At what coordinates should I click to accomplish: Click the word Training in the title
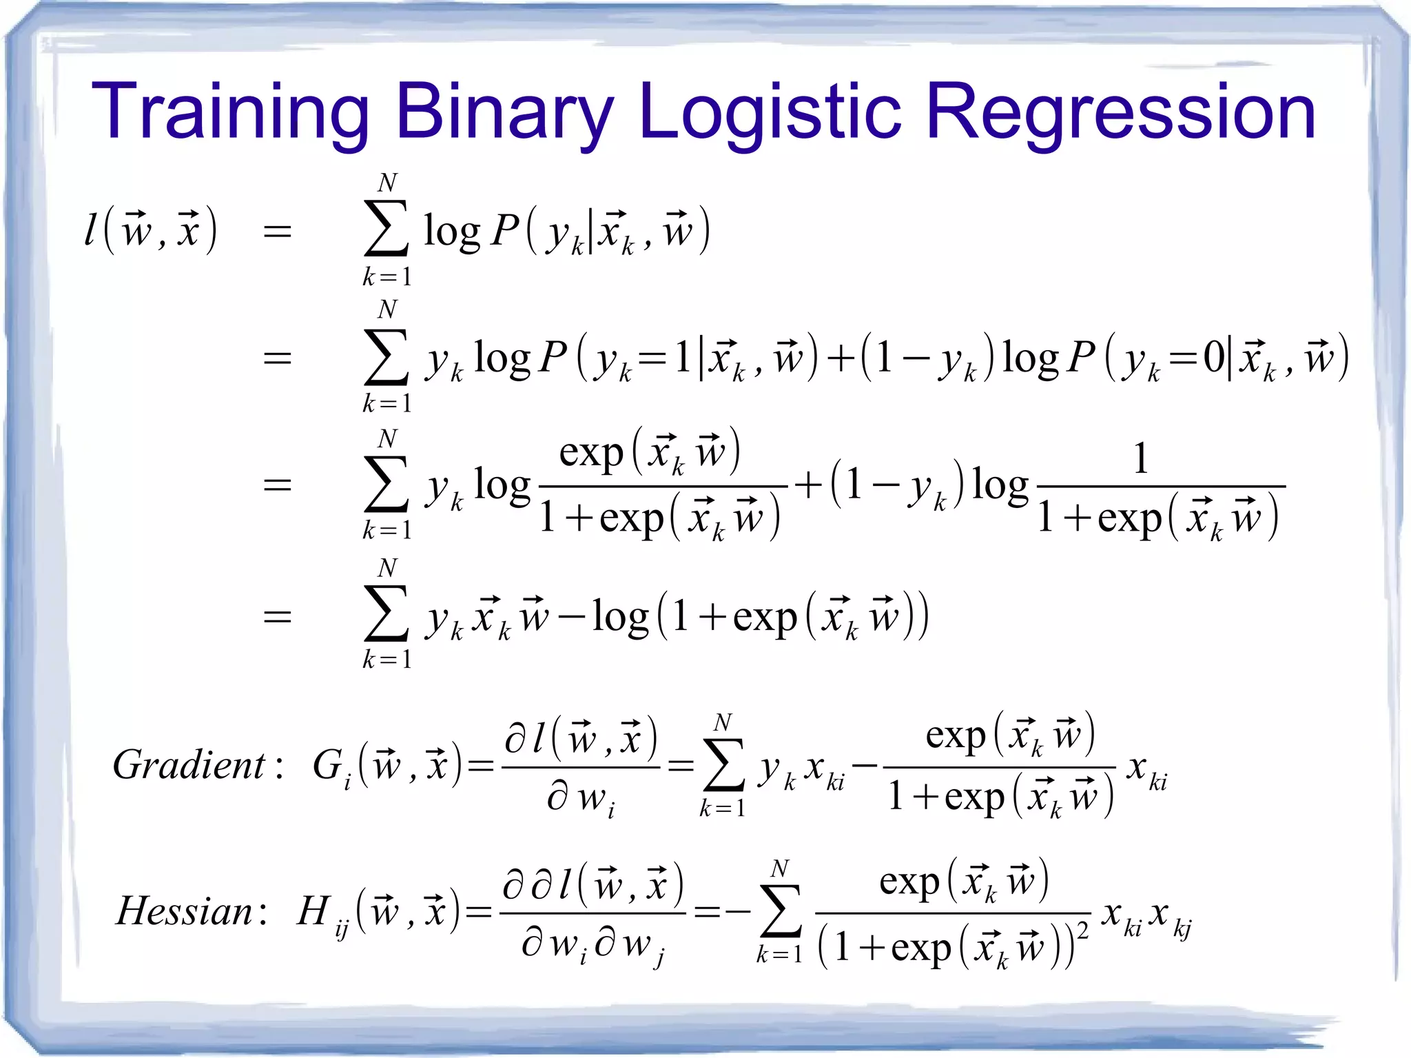click(230, 112)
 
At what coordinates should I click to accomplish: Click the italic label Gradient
click(189, 765)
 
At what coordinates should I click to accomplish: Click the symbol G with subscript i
click(331, 767)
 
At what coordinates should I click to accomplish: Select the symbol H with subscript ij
click(320, 913)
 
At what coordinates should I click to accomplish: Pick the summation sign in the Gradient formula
click(723, 764)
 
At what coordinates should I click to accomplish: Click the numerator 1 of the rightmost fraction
click(1140, 458)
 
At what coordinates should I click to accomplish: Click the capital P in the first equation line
click(504, 230)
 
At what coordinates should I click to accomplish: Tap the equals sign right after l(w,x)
click(277, 232)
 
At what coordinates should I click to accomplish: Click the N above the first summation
click(387, 183)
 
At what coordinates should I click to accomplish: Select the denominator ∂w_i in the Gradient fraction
click(580, 800)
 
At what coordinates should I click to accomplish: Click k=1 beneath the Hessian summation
click(779, 955)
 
